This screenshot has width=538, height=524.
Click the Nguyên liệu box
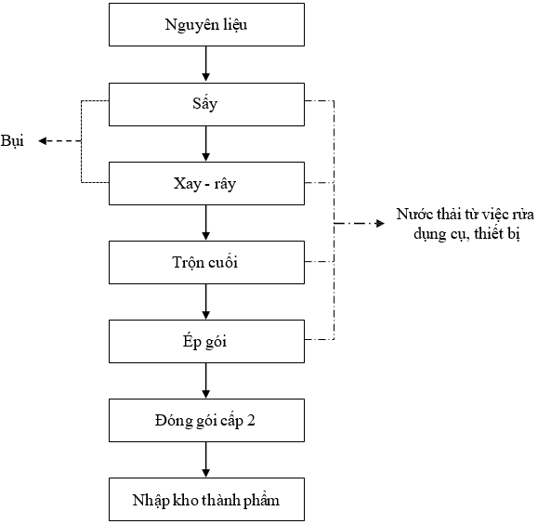(206, 25)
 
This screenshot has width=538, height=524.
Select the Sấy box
(206, 104)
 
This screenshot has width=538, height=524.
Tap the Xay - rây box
(206, 184)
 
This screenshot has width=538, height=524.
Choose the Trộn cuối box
(206, 263)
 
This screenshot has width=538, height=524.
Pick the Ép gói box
(206, 342)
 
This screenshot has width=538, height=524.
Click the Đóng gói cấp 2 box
(206, 420)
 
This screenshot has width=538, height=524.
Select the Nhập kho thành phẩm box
(206, 499)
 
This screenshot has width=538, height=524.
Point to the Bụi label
(12, 141)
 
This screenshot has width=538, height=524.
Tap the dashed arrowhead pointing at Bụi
(42, 140)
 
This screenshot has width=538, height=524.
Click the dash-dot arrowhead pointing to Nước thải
(380, 223)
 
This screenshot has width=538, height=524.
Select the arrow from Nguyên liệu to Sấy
(206, 64)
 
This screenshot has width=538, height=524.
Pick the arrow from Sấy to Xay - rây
(206, 143)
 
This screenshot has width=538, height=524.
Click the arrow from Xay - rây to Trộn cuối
(206, 222)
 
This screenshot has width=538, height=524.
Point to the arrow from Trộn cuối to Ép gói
(206, 301)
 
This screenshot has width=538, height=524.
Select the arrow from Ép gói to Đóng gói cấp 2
(206, 380)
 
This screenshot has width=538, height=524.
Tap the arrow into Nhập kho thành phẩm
(206, 459)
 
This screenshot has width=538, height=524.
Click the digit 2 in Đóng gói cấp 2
(251, 420)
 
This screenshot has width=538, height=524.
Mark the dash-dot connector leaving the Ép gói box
(319, 340)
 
